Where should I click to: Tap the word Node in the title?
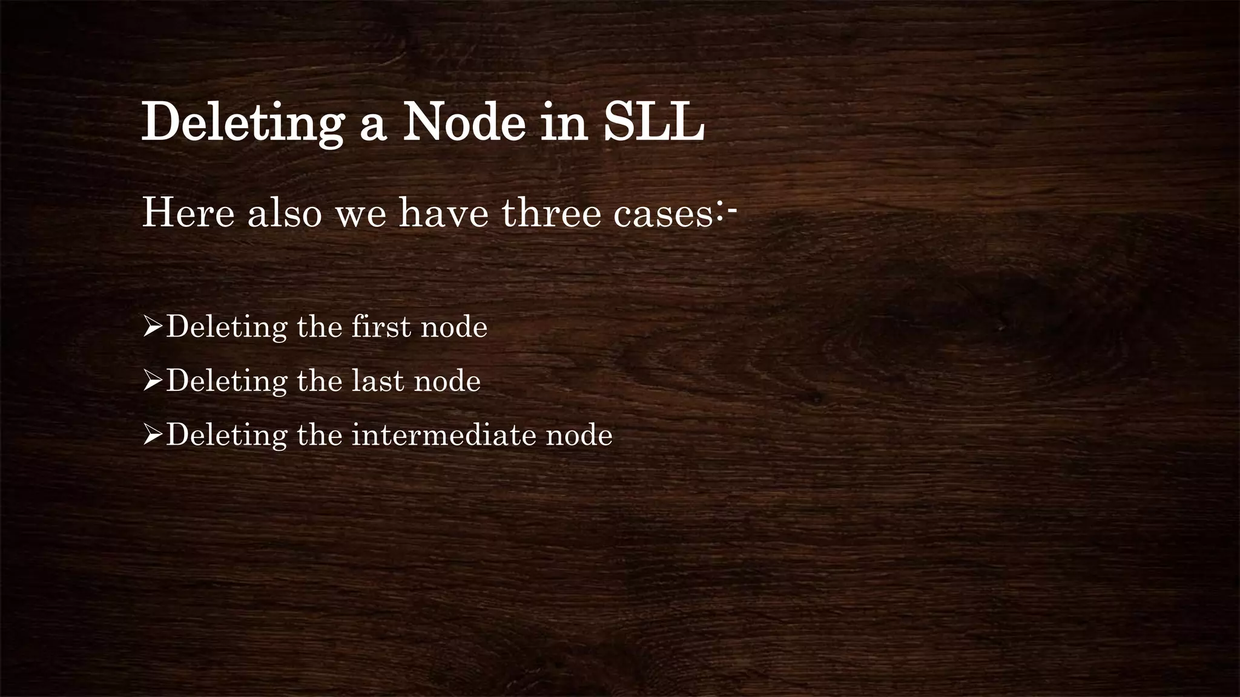(464, 123)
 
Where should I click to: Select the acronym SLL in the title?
(654, 123)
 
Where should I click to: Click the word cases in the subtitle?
(664, 215)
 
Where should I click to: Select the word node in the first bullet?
(454, 327)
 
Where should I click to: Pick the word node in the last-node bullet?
(447, 381)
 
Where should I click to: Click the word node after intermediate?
(579, 435)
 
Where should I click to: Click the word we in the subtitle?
(361, 215)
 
